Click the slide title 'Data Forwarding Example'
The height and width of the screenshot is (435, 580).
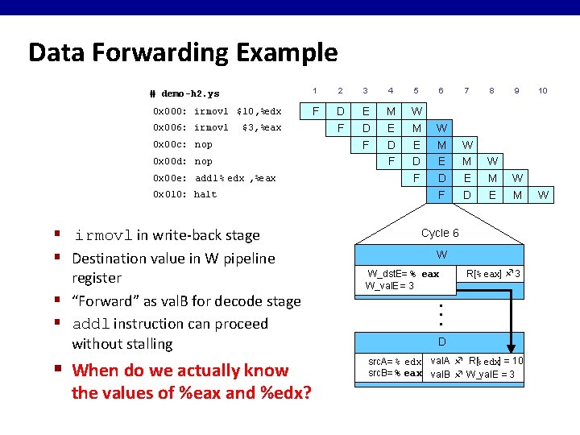[183, 53]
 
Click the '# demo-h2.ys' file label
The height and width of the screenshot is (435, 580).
[184, 93]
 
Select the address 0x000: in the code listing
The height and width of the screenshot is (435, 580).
[170, 111]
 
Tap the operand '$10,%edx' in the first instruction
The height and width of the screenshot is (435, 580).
[259, 111]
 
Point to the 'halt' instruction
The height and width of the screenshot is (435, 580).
[205, 194]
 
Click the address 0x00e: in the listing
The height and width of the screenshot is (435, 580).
[170, 178]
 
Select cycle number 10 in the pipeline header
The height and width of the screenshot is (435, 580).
[542, 91]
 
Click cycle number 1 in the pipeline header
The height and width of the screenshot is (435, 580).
[315, 91]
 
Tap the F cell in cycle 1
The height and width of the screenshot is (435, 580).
[315, 110]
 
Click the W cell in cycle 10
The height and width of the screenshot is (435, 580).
[542, 194]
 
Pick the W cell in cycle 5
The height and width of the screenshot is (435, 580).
[416, 110]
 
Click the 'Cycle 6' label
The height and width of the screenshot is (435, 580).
[440, 233]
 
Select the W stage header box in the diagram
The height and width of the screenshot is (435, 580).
[441, 255]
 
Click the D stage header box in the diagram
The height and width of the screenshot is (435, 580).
[441, 342]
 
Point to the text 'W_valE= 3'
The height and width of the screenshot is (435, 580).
[390, 285]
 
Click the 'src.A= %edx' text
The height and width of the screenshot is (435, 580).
[395, 362]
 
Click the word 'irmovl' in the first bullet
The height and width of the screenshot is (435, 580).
[103, 236]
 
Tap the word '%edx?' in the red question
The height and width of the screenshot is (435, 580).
[283, 393]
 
